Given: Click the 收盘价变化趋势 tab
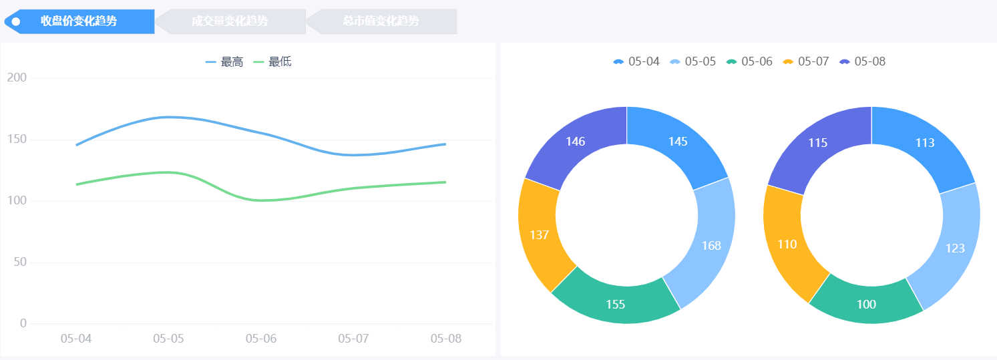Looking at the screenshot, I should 79,21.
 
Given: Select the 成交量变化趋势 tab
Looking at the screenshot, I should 230,21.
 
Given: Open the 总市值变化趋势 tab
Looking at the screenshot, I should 381,21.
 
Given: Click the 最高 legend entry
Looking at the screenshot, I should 224,62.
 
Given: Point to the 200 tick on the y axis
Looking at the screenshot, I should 17,77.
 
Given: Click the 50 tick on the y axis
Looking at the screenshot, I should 19,262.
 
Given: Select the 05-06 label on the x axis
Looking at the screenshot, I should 260,339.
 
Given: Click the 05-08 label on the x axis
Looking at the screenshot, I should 445,339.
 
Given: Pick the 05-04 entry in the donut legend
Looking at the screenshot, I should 636,61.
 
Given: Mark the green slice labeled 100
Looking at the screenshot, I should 866,305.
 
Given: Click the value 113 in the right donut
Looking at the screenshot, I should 925,142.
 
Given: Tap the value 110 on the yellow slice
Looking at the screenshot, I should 787,244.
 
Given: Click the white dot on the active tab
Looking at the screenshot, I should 16,21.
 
